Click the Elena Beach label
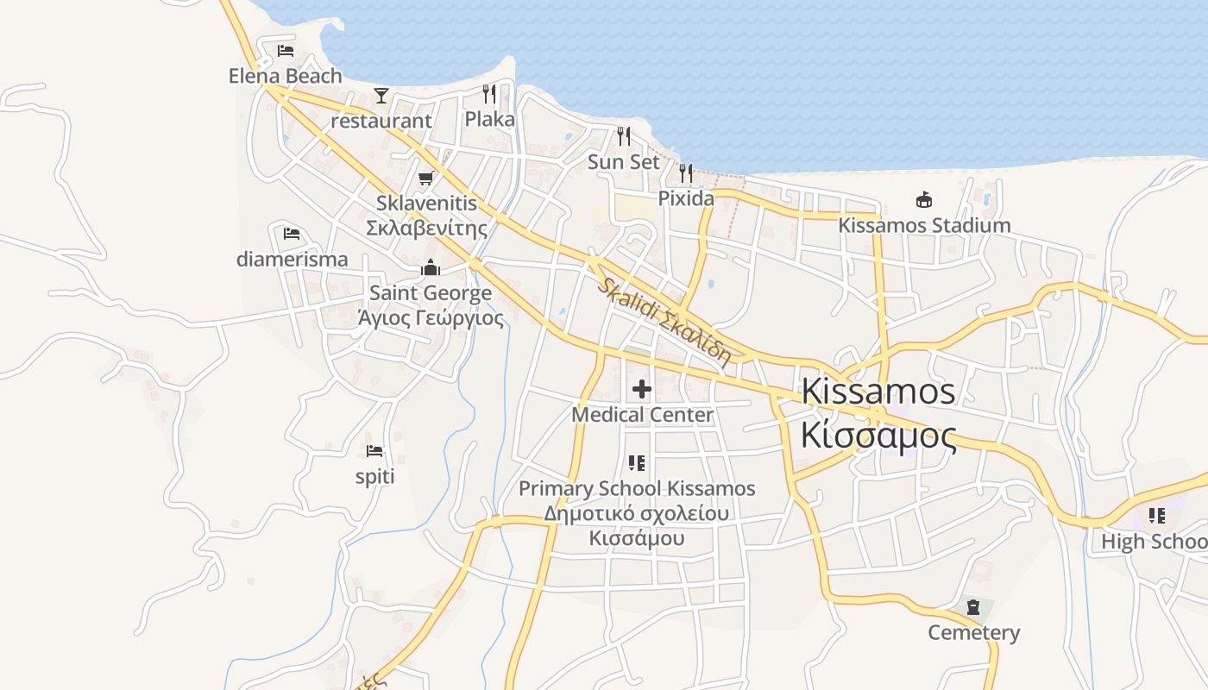pos(285,76)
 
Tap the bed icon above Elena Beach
pos(286,51)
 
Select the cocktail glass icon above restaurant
pos(381,95)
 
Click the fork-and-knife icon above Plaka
pos(489,93)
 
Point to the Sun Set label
pos(623,162)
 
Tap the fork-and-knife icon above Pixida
pos(686,173)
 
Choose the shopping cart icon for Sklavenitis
pos(425,179)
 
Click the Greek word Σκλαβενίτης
pos(426,229)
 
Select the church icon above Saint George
pos(430,268)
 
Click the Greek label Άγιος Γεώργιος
pos(430,317)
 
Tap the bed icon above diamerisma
pos(292,234)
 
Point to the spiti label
pos(374,476)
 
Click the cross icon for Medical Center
pos(642,389)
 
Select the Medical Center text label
pos(643,415)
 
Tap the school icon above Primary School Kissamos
pos(637,463)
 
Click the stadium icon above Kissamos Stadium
pos(924,200)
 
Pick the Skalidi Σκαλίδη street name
pos(664,320)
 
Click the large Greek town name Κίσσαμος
pos(878,436)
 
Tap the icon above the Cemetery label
pos(973,607)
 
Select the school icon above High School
pos(1157,516)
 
